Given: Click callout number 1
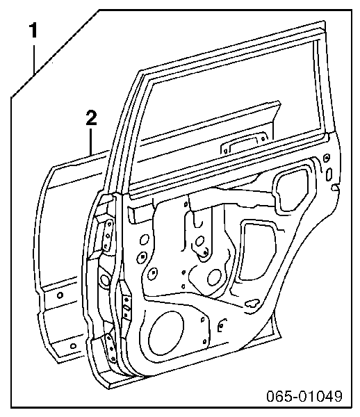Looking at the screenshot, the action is click(x=33, y=31).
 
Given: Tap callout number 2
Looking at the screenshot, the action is click(x=92, y=118).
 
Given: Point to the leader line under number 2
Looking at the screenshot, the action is click(x=91, y=142).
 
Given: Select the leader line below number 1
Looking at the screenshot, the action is click(x=34, y=59).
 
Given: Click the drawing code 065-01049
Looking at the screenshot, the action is click(x=304, y=397).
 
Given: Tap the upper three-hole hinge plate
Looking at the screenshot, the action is click(x=108, y=234).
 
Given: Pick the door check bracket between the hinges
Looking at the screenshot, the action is click(x=126, y=307).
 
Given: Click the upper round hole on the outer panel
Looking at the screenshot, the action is click(x=60, y=295).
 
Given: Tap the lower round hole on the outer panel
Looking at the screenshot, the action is click(x=73, y=346).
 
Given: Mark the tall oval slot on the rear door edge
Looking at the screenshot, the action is click(x=329, y=174).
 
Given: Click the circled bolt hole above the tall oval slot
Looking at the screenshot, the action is click(x=327, y=158).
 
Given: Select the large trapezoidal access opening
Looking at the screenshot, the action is click(x=257, y=250).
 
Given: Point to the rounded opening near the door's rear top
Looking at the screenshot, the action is click(x=291, y=188).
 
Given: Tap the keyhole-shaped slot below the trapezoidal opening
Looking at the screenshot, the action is click(x=252, y=302).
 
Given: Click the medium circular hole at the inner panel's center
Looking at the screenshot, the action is click(x=214, y=277).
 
